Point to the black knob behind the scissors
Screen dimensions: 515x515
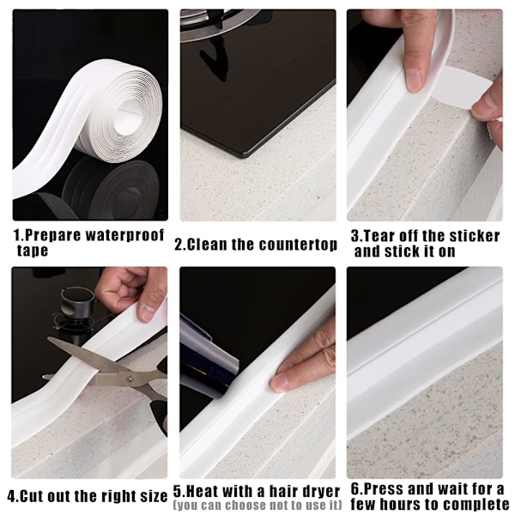[77, 305]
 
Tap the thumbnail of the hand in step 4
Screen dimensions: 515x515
[147, 312]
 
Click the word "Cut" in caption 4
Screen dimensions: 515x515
[33, 496]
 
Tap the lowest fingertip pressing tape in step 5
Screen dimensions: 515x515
[279, 383]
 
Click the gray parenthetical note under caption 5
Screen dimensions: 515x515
[257, 505]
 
